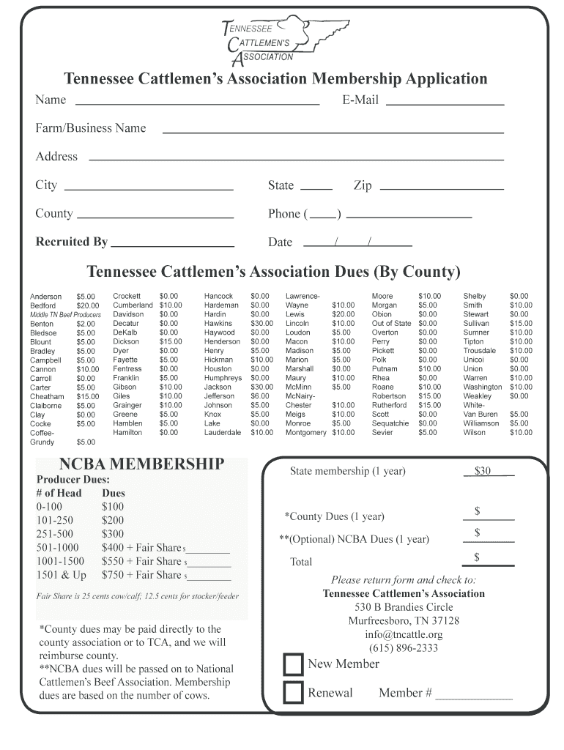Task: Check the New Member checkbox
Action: point(293,664)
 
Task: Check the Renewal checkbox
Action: point(293,693)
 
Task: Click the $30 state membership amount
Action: point(483,472)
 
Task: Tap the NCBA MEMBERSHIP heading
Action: point(141,464)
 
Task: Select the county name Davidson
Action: point(128,314)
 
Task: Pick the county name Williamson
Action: point(480,423)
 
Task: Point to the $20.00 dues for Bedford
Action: point(87,305)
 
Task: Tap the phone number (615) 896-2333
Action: point(404,648)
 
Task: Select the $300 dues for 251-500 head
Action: point(114,534)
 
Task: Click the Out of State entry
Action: point(391,323)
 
